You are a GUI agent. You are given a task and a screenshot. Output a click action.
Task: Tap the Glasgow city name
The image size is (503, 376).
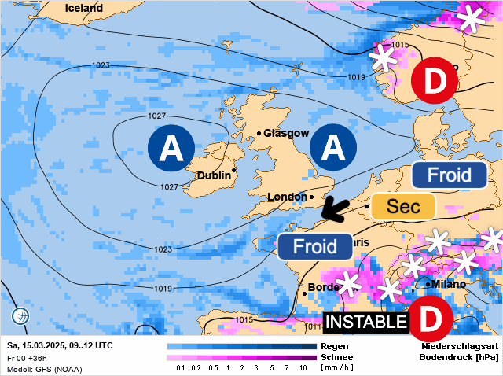(x=286, y=133)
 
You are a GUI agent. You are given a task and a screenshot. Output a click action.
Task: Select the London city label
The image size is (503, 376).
(x=285, y=197)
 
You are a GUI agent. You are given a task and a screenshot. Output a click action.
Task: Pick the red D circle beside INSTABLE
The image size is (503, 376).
(x=431, y=320)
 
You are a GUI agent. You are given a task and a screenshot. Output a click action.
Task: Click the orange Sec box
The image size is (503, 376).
(x=404, y=207)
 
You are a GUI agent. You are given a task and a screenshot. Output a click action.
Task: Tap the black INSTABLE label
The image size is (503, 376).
(x=366, y=323)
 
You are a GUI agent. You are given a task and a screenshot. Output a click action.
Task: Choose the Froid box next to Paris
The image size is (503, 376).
(x=315, y=246)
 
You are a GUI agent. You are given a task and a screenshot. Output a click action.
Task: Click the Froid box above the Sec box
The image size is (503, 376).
(x=449, y=175)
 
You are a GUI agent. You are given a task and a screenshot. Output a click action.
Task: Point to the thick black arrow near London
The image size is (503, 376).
(x=336, y=207)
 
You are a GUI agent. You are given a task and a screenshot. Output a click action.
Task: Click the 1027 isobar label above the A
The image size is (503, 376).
(x=156, y=116)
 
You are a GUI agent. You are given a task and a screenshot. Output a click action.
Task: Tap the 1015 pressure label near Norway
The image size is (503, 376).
(x=400, y=45)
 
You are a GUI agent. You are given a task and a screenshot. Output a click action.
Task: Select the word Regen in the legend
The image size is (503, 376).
(x=335, y=346)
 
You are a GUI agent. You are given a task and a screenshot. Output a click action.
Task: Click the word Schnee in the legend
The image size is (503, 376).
(x=338, y=357)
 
